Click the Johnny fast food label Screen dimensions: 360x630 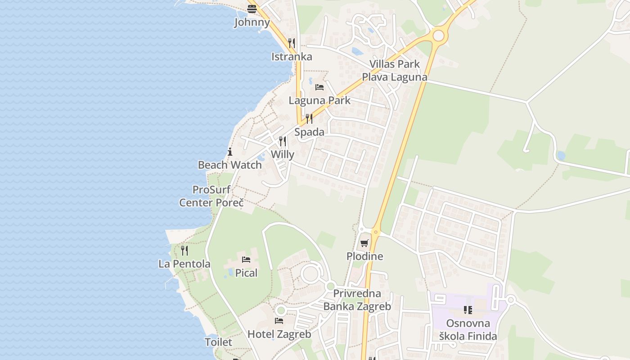(x=252, y=22)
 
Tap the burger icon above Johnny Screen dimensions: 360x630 (x=252, y=9)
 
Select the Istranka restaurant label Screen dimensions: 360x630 (x=292, y=57)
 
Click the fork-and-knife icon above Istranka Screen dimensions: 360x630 (x=292, y=43)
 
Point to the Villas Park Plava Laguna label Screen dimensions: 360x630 (x=395, y=71)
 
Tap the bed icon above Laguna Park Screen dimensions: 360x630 (x=319, y=87)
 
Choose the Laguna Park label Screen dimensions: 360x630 (x=319, y=100)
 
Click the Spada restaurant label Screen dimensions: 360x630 (x=309, y=132)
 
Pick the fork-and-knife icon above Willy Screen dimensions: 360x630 (x=283, y=141)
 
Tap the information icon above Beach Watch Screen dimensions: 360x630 (x=230, y=152)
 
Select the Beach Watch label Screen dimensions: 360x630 (x=230, y=165)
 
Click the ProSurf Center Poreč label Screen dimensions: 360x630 (x=211, y=196)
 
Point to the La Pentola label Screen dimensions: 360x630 (x=184, y=264)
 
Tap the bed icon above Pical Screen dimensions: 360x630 (x=246, y=260)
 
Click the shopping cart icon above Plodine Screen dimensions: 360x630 (x=364, y=243)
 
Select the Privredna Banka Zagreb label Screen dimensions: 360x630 (x=357, y=300)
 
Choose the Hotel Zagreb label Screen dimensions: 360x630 (x=279, y=334)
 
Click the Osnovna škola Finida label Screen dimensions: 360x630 (x=468, y=330)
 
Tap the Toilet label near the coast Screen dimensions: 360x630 (x=219, y=342)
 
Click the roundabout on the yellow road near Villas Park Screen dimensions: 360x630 (x=438, y=36)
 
